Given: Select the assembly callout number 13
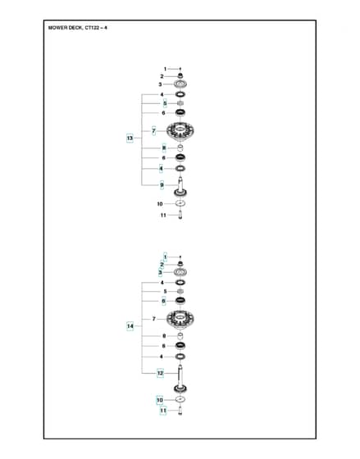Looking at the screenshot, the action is point(130,138).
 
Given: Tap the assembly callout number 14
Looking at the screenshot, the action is point(130,326).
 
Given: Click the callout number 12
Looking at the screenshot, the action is point(160,373).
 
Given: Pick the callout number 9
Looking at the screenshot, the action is point(162,185).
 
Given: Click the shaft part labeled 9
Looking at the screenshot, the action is point(180,187).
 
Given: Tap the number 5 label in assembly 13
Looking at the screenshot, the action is point(165,103).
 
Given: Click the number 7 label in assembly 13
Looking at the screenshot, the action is point(154,131).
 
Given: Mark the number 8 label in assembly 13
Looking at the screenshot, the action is point(164,148).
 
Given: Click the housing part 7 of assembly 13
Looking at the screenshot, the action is point(180,130).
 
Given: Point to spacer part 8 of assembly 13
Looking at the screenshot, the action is point(180,148).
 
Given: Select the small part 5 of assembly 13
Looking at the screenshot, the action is point(180,103).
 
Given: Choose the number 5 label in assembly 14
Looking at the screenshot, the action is point(165,292).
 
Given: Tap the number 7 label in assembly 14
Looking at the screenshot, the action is point(154,319).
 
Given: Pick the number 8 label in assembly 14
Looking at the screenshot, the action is point(164,336).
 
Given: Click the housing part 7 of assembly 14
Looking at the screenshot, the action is point(180,319).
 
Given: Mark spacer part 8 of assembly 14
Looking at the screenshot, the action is point(180,336).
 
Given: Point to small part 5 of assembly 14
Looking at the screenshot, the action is point(180,291).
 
